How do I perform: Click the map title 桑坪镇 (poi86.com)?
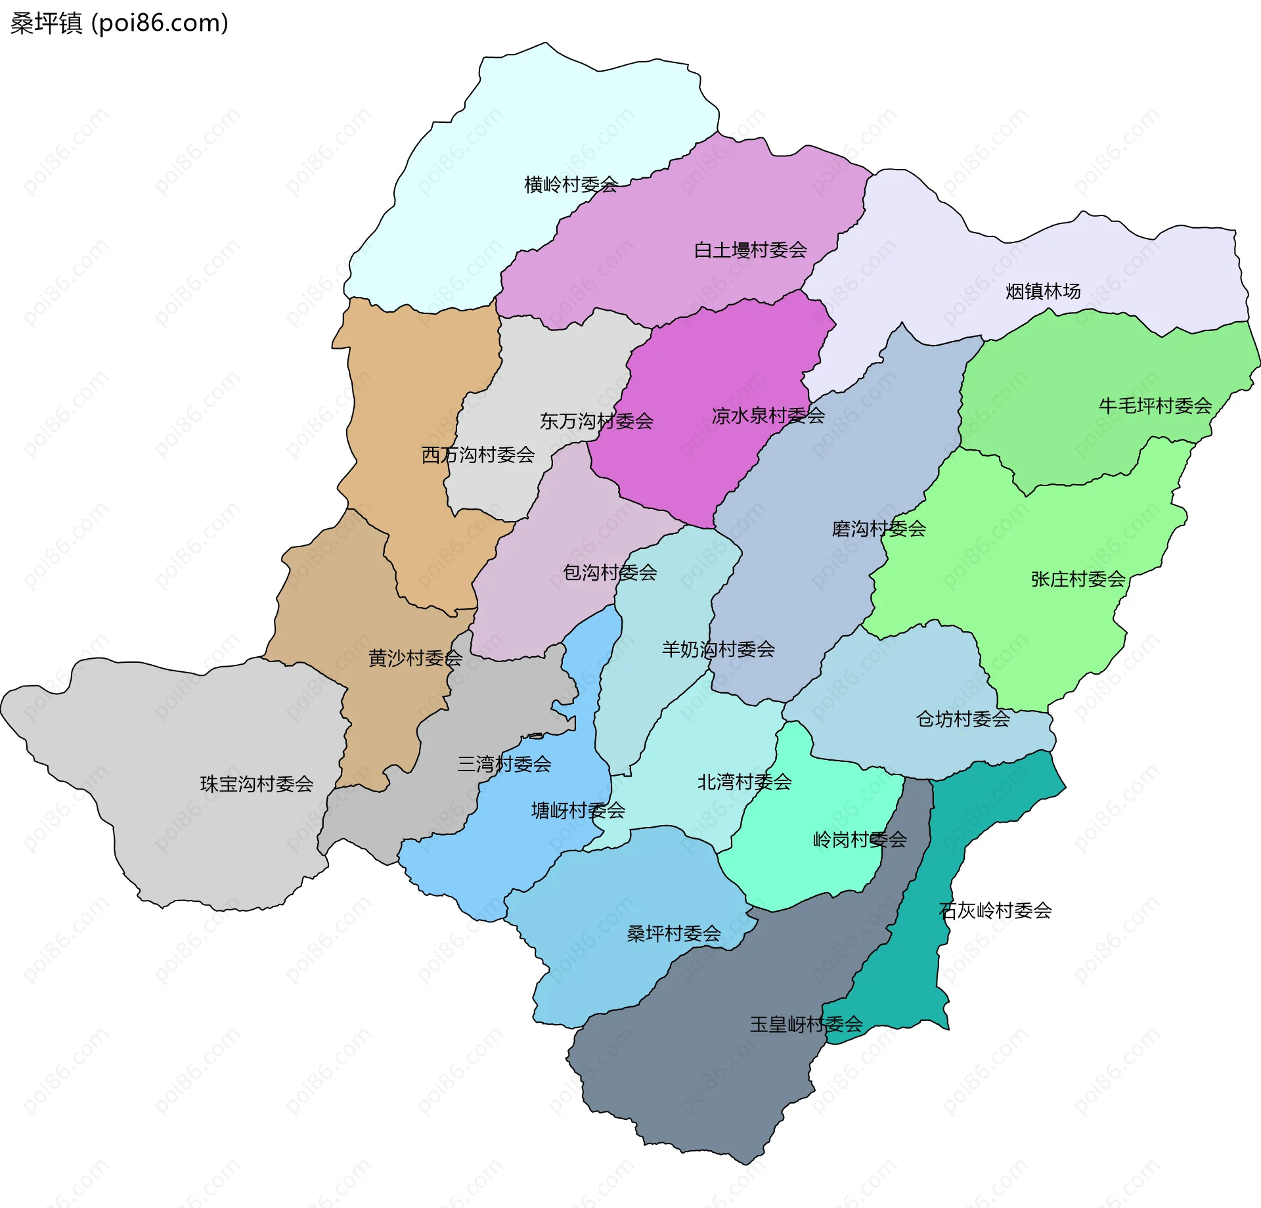120,23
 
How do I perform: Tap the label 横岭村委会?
571,185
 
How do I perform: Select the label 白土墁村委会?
750,250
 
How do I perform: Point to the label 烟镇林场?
1042,291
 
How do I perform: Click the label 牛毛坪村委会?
1155,405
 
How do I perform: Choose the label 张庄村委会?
1078,579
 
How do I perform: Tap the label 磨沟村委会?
878,528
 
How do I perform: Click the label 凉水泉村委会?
768,415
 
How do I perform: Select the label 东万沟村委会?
596,421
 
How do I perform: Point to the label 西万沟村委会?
477,455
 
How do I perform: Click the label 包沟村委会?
609,572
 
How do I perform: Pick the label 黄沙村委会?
415,658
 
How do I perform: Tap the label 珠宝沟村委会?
256,784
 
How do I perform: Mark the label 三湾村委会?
504,764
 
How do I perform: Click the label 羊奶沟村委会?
718,649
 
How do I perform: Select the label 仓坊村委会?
963,719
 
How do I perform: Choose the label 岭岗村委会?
860,839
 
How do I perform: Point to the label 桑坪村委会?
673,933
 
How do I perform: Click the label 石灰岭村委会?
995,910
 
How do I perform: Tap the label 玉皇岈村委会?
806,1024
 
